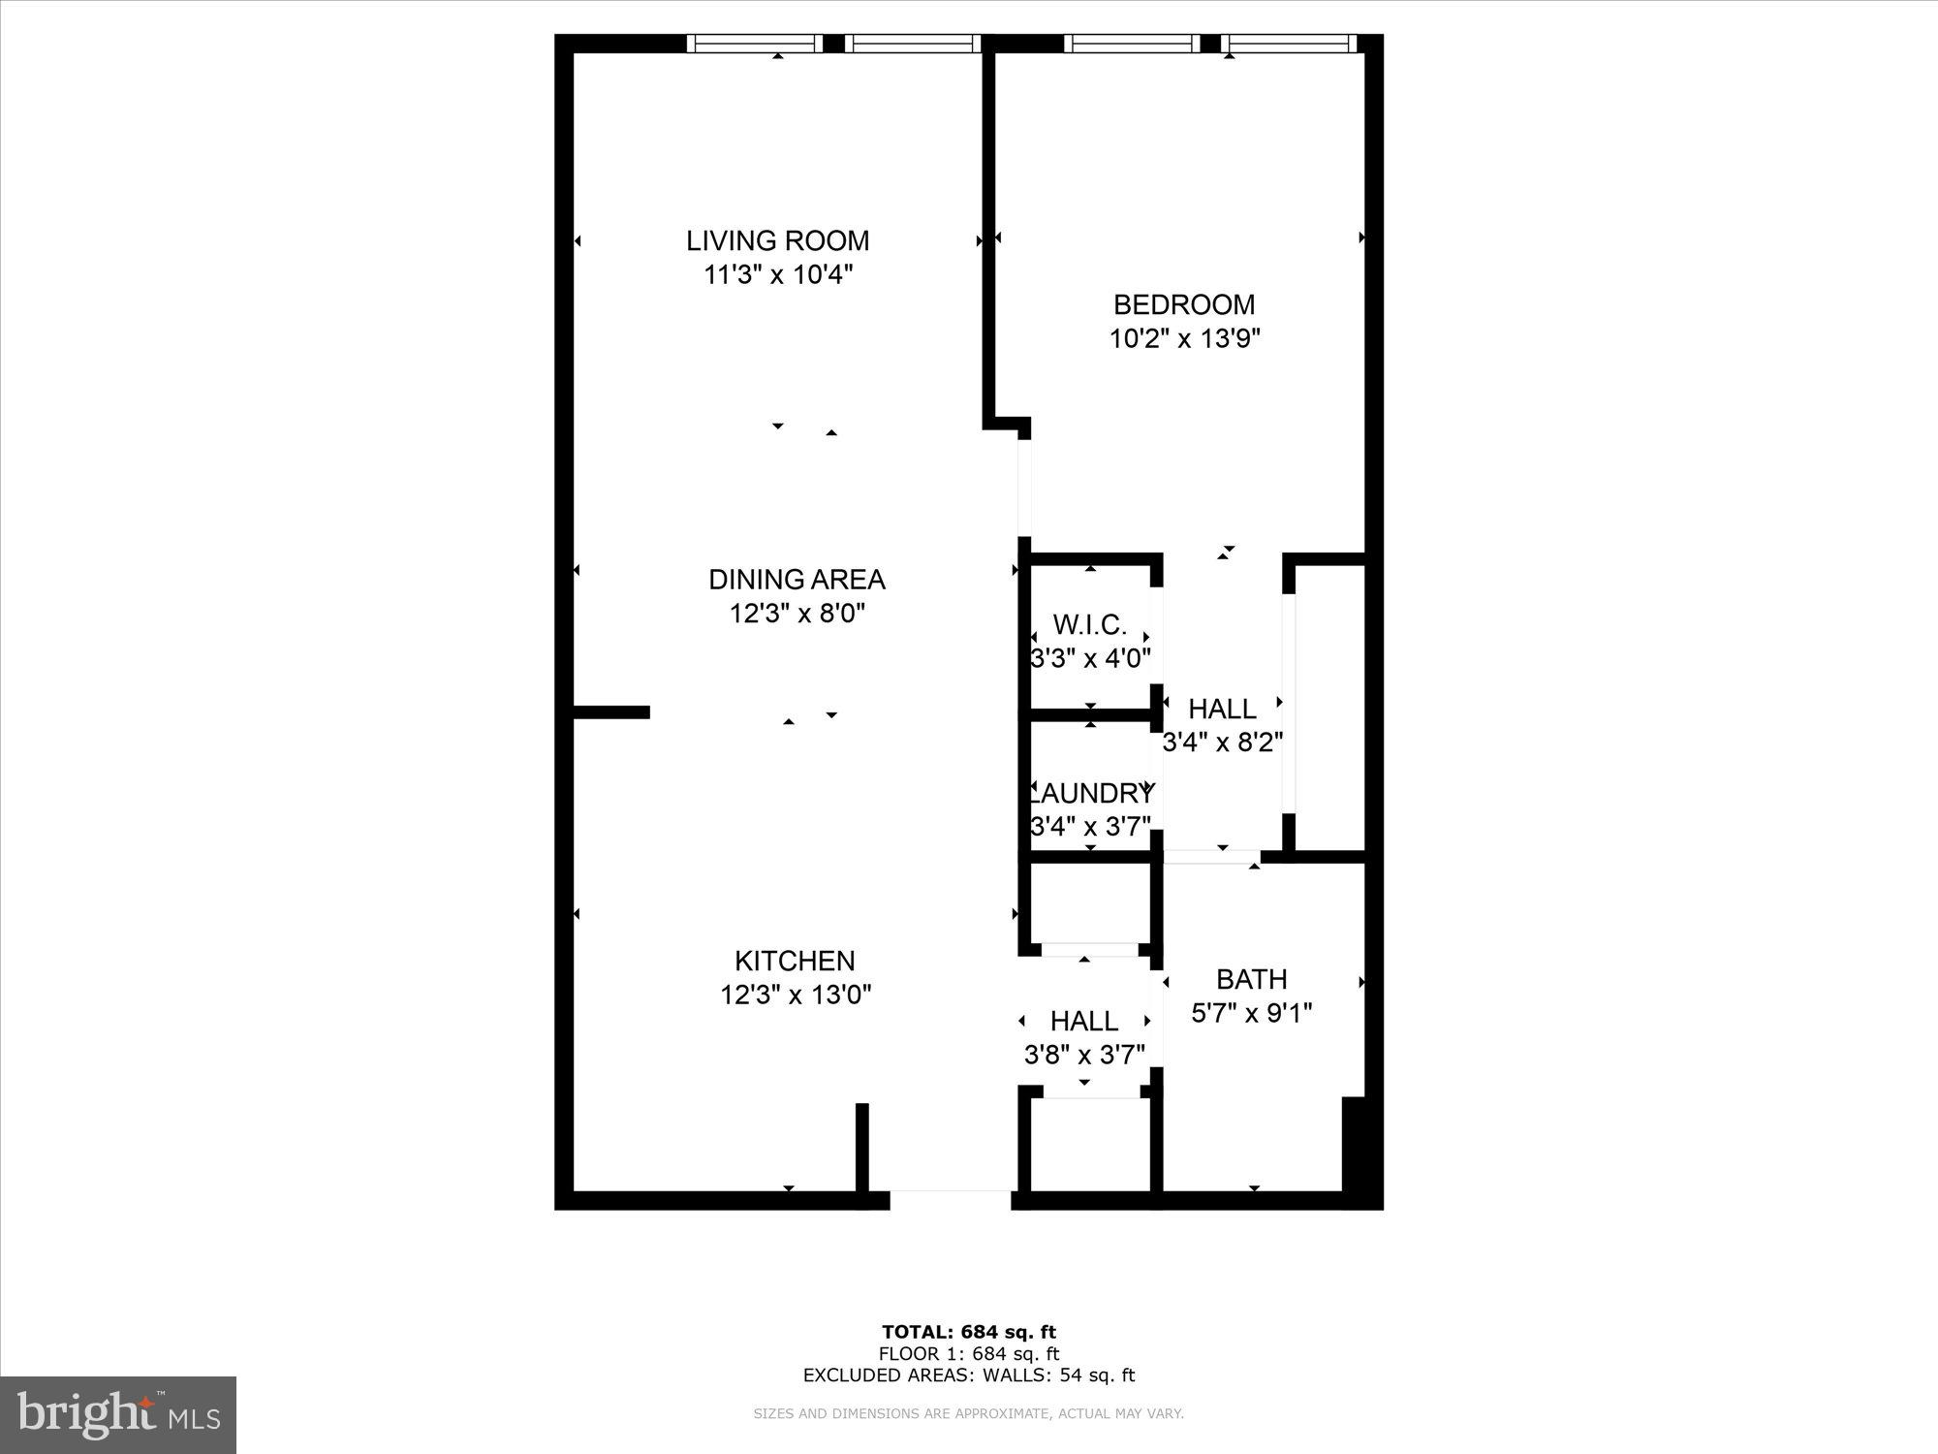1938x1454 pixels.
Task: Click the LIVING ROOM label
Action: tap(777, 240)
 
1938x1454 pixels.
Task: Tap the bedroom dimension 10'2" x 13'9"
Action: tap(1184, 338)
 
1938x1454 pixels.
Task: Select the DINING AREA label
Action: tap(797, 580)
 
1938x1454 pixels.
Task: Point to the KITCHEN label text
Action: tap(795, 961)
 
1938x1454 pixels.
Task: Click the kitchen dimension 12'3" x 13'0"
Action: tap(796, 995)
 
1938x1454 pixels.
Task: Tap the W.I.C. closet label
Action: tap(1090, 624)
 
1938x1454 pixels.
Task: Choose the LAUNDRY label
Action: tap(1091, 793)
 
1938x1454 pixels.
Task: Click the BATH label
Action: tap(1251, 979)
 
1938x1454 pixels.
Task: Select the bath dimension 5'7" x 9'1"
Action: tap(1251, 1013)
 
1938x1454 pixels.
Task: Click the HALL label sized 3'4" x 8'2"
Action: tap(1222, 709)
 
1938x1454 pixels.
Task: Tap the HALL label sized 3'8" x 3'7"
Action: tap(1084, 1021)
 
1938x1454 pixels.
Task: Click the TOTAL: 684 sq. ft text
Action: tap(968, 1332)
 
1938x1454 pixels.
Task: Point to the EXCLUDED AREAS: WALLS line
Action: tap(968, 1375)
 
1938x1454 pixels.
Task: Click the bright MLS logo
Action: tap(118, 1414)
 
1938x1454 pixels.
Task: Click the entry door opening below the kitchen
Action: tap(950, 1200)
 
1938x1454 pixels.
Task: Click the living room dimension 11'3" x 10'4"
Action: tap(777, 274)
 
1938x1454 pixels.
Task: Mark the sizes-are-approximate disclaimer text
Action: tap(968, 1414)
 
